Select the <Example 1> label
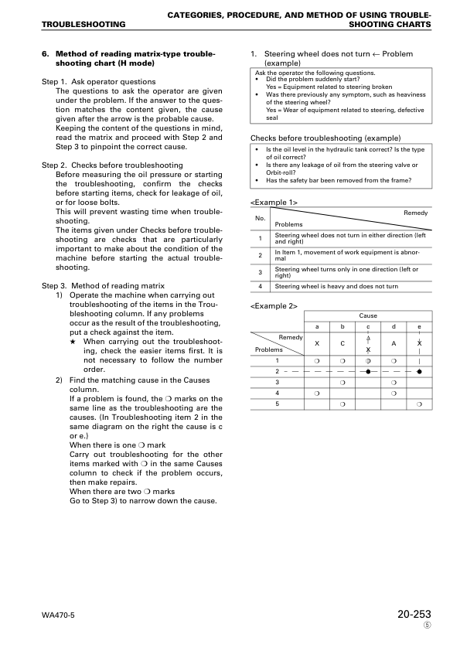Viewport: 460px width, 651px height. coord(274,202)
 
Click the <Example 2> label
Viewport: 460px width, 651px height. coord(274,306)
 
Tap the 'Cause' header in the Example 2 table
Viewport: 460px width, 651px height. coord(368,316)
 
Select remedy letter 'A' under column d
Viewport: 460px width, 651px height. coord(394,343)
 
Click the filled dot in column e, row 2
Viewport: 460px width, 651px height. coord(419,371)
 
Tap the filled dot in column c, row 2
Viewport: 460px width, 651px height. coord(368,371)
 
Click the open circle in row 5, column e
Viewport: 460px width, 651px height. coord(419,404)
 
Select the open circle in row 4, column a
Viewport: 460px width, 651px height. coord(317,393)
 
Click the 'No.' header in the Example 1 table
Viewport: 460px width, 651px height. coord(261,218)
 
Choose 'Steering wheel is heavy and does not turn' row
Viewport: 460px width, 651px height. coord(336,286)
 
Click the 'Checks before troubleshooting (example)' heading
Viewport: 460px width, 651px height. coord(315,138)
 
